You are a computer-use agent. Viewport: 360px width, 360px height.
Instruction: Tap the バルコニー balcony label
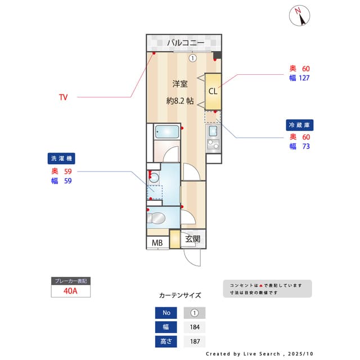[185, 43]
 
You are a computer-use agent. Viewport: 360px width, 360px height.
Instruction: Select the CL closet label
[213, 92]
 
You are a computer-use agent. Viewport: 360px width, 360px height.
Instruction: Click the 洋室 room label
[179, 84]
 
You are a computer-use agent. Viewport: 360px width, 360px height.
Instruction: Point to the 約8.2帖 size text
[180, 101]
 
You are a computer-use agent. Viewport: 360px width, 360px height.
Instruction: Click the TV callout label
[64, 97]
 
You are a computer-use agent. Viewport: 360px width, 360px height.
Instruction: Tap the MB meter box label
[157, 243]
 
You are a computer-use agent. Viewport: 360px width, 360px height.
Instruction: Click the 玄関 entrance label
[193, 239]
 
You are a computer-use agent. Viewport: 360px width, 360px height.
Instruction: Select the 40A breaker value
[71, 291]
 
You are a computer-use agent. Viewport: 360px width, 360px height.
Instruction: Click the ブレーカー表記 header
[71, 281]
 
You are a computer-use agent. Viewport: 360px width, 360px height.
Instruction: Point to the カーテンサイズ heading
[180, 295]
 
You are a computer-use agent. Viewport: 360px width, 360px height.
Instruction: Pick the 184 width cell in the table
[195, 327]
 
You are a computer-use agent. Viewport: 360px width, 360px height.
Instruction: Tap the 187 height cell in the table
[195, 341]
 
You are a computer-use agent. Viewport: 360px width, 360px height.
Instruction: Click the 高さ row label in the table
[166, 341]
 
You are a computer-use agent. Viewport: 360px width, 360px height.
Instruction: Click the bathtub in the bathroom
[167, 133]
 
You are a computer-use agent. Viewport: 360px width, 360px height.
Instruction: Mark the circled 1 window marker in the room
[192, 57]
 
